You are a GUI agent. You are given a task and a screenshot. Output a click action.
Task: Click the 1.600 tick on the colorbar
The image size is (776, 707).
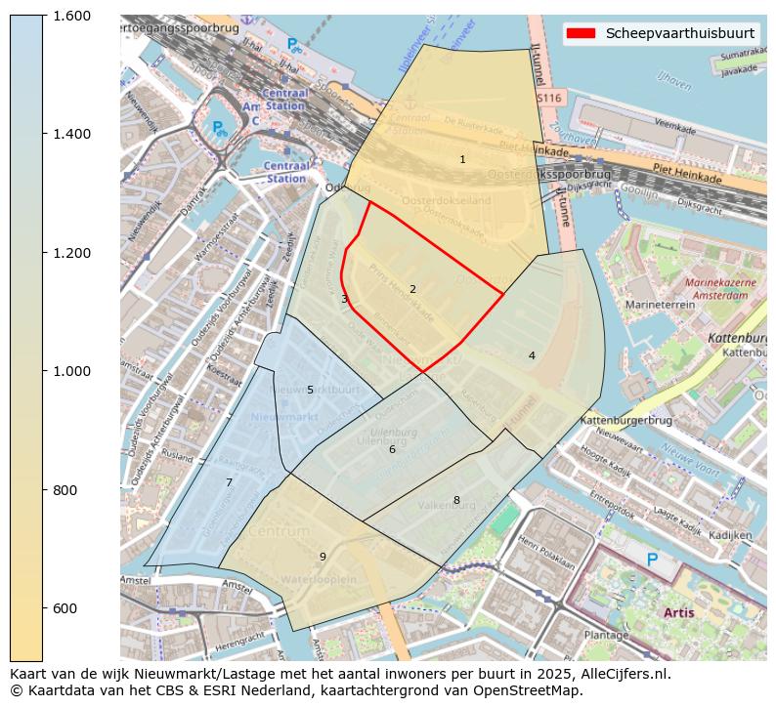pos(70,16)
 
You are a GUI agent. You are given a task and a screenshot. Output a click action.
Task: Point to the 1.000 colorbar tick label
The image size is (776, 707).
pos(70,371)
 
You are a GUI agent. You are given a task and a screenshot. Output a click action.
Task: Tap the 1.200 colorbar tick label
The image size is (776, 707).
pos(70,253)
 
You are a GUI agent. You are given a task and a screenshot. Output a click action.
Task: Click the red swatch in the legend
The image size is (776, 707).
pos(581,33)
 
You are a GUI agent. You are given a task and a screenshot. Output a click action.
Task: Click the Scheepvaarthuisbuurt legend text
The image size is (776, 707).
pos(679,33)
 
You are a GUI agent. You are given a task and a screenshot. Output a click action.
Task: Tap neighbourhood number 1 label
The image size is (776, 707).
pos(462,159)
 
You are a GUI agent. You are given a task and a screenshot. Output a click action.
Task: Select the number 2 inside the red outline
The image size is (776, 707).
pos(412,289)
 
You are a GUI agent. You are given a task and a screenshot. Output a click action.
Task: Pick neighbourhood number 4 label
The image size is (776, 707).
pos(532,355)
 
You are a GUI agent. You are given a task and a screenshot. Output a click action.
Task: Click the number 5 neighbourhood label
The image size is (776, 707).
pos(310,390)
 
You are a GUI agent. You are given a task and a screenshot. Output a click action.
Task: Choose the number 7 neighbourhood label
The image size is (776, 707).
pos(229,482)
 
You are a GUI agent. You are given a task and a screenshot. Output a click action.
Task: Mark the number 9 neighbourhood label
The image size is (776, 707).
pos(323,557)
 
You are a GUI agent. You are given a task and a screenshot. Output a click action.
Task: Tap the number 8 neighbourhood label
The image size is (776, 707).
pos(455,500)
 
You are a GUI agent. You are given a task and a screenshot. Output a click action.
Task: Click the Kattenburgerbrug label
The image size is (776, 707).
pos(626,420)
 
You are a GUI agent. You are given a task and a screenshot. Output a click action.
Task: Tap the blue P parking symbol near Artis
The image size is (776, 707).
pos(652,560)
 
